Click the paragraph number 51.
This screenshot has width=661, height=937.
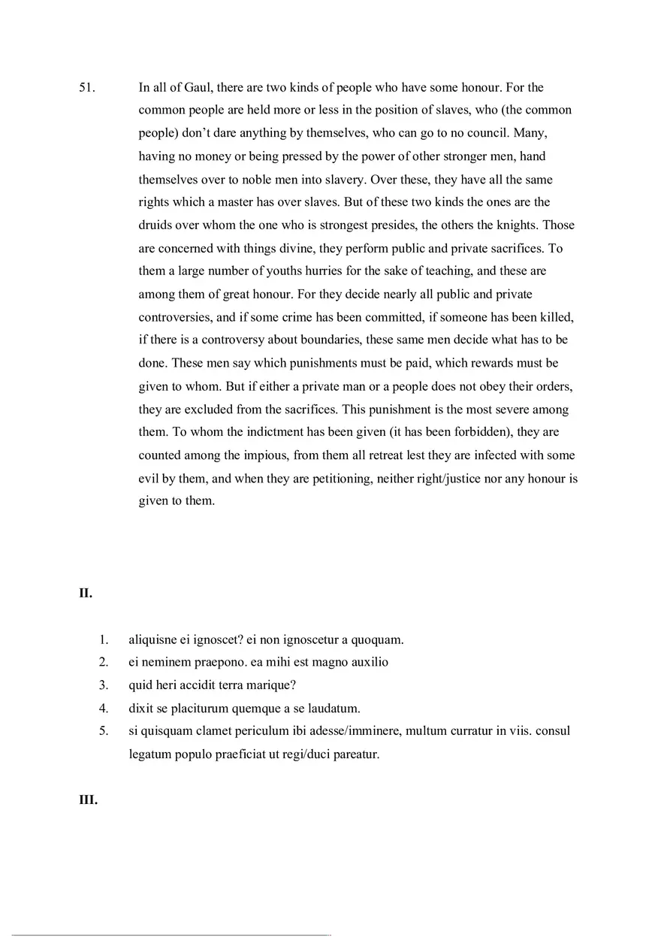coord(88,87)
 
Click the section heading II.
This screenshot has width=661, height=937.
coord(86,593)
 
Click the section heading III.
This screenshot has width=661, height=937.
coord(88,800)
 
